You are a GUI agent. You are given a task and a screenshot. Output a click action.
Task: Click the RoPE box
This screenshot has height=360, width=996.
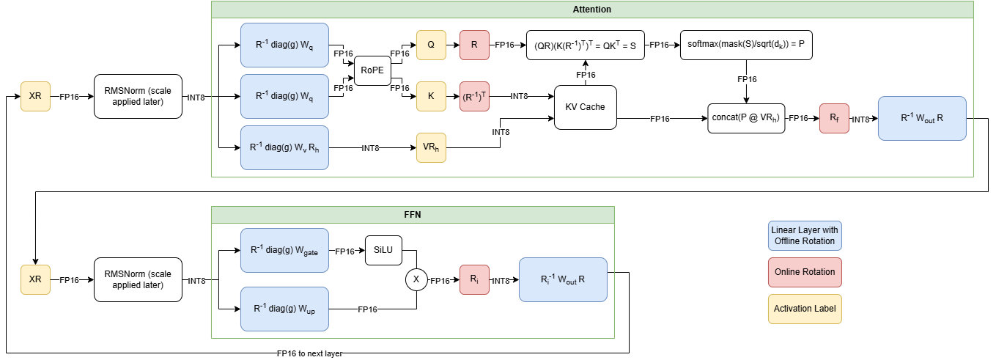coord(372,71)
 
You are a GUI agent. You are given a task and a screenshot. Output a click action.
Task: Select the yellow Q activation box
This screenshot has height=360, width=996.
coord(431,45)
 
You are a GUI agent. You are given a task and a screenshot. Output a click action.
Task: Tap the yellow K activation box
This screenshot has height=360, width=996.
coord(431,96)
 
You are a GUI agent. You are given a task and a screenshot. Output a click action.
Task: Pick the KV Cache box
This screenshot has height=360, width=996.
coord(585,107)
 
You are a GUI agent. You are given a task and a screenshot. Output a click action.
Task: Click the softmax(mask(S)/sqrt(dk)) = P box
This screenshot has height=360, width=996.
coord(746,45)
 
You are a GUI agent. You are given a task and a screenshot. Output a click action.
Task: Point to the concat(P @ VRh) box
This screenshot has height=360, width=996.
coord(746,118)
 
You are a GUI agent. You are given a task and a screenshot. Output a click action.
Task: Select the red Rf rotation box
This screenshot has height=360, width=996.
coord(834,118)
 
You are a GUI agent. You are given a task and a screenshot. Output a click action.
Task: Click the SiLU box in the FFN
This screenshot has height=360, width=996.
coord(383,250)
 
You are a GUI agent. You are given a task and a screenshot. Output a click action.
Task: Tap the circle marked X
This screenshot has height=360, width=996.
coord(416,279)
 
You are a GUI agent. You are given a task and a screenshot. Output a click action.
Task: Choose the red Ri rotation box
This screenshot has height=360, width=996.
coord(475,279)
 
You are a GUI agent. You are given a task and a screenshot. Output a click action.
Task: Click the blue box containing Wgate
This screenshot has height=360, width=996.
coord(284,250)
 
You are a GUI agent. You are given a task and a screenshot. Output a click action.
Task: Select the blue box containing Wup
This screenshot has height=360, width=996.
coord(284,309)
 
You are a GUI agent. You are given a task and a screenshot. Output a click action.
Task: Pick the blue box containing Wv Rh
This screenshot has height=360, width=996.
coord(284,147)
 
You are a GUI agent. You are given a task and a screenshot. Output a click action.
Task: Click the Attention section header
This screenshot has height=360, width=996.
coord(591,10)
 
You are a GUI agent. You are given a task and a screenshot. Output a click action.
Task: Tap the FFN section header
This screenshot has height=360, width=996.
coord(413,215)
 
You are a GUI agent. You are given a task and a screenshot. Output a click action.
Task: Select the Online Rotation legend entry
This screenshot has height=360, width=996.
coord(805,272)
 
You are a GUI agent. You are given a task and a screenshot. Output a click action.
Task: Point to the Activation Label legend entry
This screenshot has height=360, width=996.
coord(805,309)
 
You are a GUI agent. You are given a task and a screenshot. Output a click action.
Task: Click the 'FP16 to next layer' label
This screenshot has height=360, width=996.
coord(309,353)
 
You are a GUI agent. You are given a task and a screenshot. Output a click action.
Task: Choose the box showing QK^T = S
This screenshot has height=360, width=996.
coord(585,45)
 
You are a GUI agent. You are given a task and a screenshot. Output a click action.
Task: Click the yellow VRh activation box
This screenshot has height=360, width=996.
coord(431,147)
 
